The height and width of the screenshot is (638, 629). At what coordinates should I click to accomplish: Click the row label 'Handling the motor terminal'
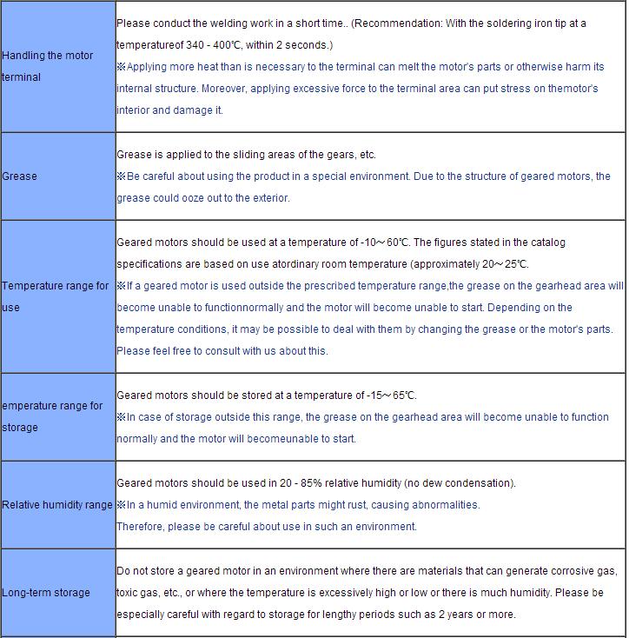(48, 66)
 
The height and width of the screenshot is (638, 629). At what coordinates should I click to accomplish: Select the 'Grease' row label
(20, 176)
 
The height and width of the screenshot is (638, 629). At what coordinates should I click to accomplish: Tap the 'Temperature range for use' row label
(56, 296)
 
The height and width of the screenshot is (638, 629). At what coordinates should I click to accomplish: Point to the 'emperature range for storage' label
(52, 416)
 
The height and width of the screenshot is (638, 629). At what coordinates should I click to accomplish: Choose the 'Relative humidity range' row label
(57, 505)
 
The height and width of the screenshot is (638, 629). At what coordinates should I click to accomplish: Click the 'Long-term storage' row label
(46, 593)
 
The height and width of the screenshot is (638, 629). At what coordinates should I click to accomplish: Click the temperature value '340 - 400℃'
(214, 44)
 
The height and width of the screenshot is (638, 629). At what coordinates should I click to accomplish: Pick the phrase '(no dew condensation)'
(460, 483)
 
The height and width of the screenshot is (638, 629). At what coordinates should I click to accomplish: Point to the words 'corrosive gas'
(585, 571)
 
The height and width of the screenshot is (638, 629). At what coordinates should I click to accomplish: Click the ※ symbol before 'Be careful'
(122, 176)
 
